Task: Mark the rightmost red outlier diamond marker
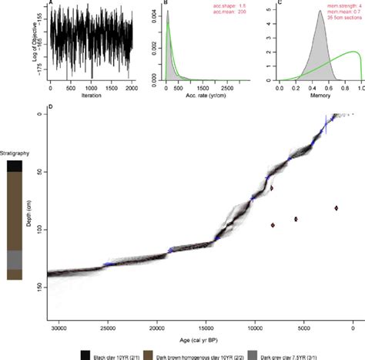pos(337,207)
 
